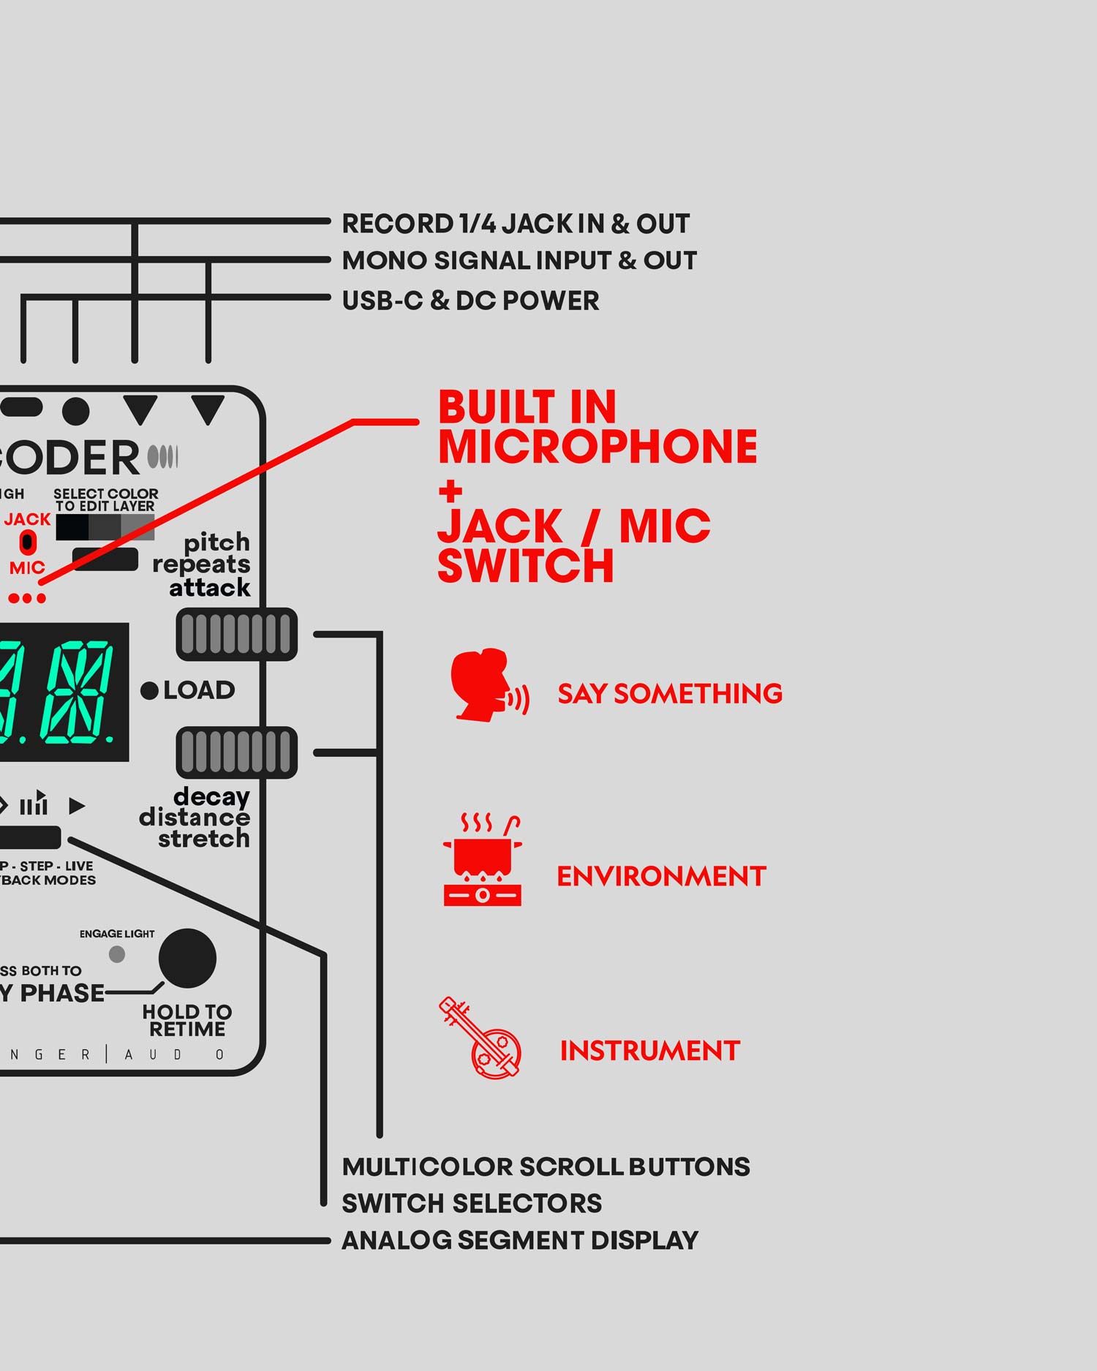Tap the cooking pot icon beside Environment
click(483, 861)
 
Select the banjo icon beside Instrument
click(481, 1038)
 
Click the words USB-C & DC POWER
click(470, 301)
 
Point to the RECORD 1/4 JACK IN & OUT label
click(516, 224)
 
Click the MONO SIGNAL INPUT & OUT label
click(519, 261)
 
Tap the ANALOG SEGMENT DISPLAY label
click(520, 1241)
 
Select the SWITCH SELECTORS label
click(472, 1204)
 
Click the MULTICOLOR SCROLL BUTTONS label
click(546, 1167)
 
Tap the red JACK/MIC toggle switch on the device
click(28, 543)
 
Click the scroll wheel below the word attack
click(236, 634)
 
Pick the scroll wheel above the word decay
click(236, 752)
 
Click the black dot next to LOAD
click(149, 690)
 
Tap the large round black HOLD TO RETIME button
click(187, 959)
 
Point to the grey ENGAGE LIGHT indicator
click(117, 954)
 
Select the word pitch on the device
click(216, 543)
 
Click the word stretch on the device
click(204, 839)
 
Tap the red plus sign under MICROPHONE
click(451, 491)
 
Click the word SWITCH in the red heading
click(525, 567)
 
